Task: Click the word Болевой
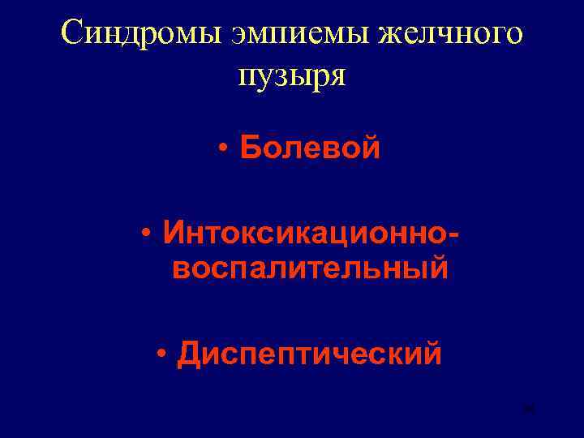click(x=310, y=148)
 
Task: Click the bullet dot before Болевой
click(x=222, y=150)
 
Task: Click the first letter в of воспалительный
click(x=179, y=268)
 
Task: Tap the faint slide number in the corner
click(x=530, y=411)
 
